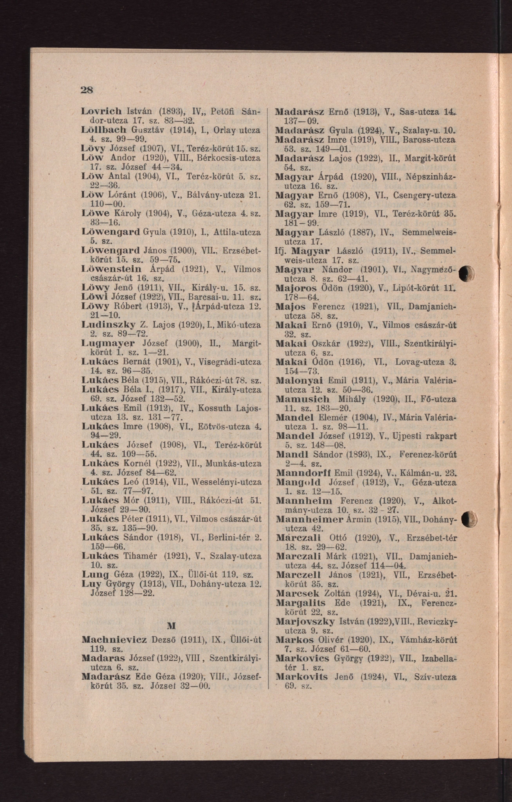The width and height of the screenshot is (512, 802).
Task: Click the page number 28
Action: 86,90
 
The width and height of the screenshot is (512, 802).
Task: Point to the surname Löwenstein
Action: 111,269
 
